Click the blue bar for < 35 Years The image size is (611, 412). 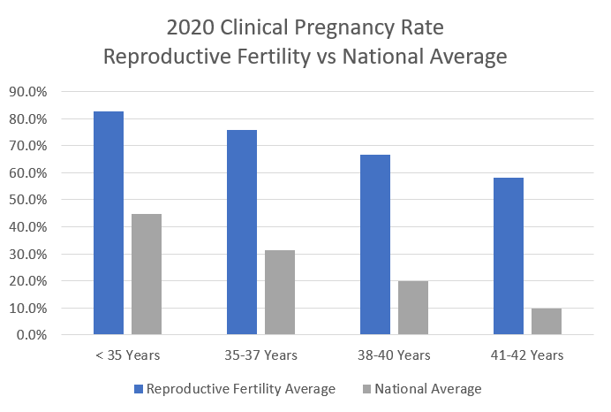tap(109, 223)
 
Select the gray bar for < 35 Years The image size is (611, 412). tap(147, 274)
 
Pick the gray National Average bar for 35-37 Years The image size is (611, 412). tap(280, 293)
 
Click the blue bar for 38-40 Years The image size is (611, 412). tap(375, 245)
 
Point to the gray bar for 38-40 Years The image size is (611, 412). tap(413, 308)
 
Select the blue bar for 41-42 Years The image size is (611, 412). tap(509, 256)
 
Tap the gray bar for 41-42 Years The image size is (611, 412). tap(547, 322)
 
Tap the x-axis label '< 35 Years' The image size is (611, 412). tap(127, 356)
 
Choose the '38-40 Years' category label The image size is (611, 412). tap(394, 356)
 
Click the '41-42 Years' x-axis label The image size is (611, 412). tap(527, 356)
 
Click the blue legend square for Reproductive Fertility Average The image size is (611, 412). tap(140, 389)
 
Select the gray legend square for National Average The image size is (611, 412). tap(366, 389)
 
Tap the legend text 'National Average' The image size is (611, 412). tap(428, 389)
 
